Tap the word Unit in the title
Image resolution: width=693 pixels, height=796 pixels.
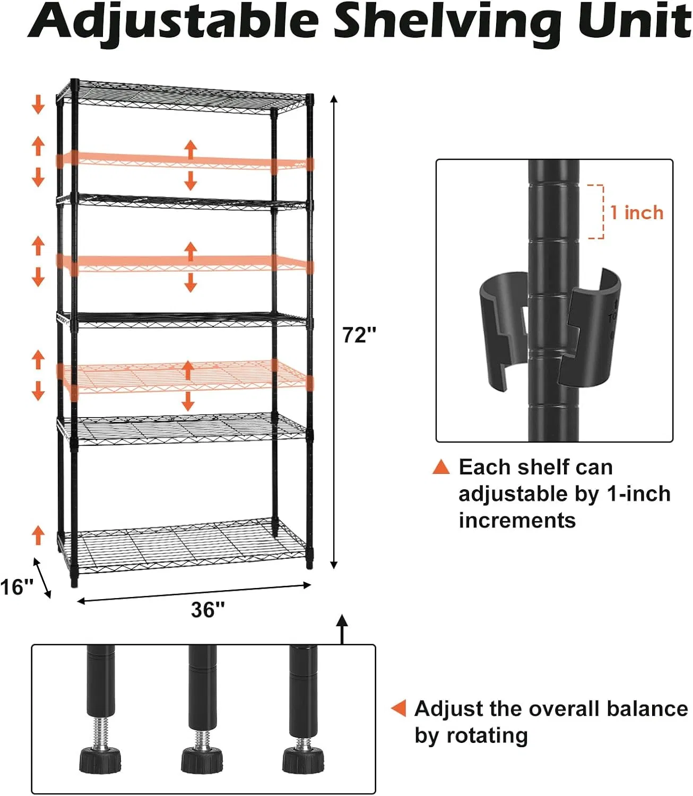tap(634, 21)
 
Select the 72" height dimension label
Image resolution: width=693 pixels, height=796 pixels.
tap(359, 335)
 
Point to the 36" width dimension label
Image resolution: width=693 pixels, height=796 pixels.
tap(208, 610)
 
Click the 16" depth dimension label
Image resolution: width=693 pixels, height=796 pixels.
tap(16, 587)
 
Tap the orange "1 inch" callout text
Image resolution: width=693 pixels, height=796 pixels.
tap(637, 213)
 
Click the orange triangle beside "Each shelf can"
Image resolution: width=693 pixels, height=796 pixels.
tap(441, 467)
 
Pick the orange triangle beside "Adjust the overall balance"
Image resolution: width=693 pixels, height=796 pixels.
tap(399, 708)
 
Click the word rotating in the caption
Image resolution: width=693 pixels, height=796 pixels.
tap(487, 736)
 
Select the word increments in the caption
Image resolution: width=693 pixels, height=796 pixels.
tap(517, 520)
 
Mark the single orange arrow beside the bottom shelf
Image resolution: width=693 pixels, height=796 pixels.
tap(38, 534)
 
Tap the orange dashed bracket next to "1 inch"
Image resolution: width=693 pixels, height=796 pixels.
tap(597, 212)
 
